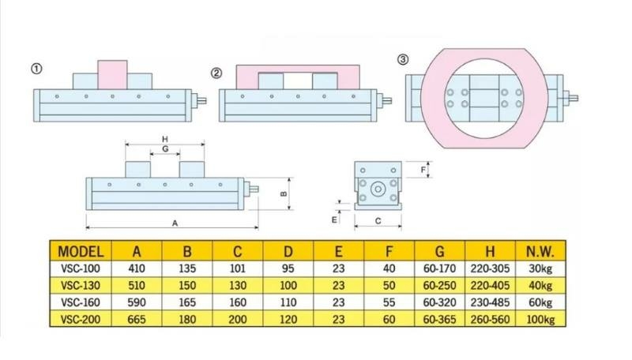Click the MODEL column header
pyautogui.click(x=81, y=252)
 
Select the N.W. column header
pyautogui.click(x=540, y=252)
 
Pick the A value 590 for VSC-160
pyautogui.click(x=137, y=302)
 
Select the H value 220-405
pyautogui.click(x=490, y=285)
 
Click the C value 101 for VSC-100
pyautogui.click(x=238, y=269)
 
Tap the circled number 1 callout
pyautogui.click(x=36, y=69)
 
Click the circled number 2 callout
pyautogui.click(x=216, y=73)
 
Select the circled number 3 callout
pyautogui.click(x=403, y=59)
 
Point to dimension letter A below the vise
pyautogui.click(x=175, y=223)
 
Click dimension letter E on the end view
pyautogui.click(x=334, y=219)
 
